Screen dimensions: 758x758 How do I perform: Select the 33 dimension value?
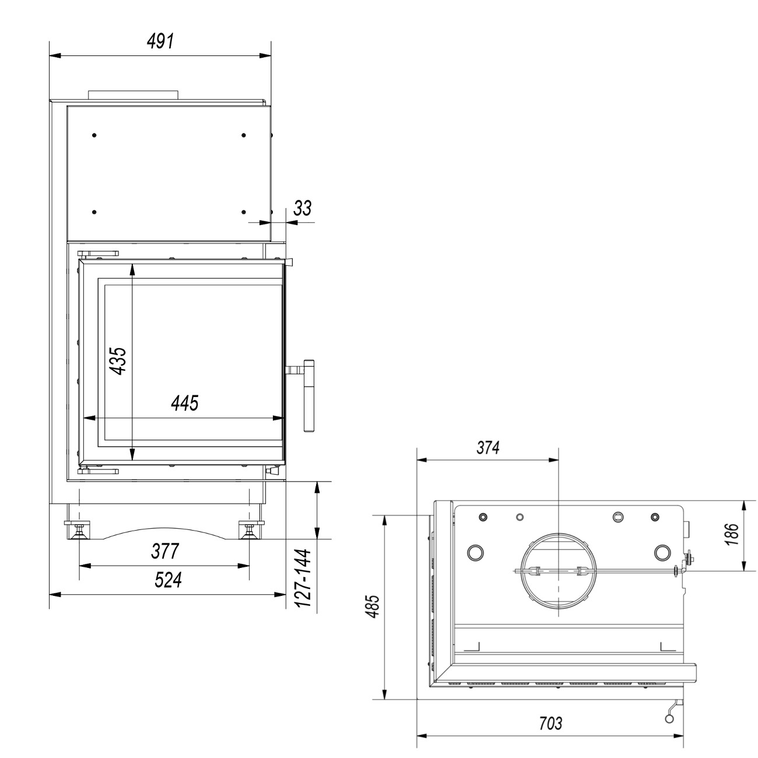(x=302, y=208)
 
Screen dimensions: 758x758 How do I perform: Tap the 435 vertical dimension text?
(x=117, y=361)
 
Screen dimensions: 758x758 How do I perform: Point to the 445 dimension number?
(x=184, y=403)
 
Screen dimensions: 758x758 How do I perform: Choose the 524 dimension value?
(x=167, y=580)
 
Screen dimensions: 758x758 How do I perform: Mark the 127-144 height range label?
(x=302, y=578)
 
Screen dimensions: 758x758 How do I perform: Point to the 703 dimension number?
(x=549, y=723)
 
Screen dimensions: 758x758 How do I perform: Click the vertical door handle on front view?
(x=308, y=396)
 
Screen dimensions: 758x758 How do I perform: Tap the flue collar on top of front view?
(x=133, y=94)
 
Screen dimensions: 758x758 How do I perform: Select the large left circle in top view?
(x=476, y=552)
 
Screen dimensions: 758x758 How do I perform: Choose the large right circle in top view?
(x=662, y=552)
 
